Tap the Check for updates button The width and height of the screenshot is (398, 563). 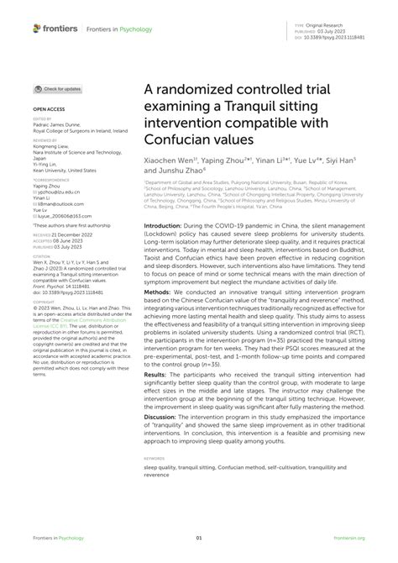pos(58,88)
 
